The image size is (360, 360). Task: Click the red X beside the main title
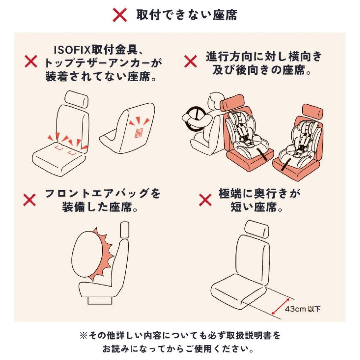pos(120,15)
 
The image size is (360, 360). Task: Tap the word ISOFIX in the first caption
pos(72,50)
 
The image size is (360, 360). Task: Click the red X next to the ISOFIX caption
pos(31,62)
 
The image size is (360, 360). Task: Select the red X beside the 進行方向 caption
pos(191,61)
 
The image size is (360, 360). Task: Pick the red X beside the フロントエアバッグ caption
pos(30,200)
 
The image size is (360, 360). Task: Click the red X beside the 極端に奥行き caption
pos(205,200)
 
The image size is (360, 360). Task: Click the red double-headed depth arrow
pos(280,306)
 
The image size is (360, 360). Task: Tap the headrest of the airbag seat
pos(125,230)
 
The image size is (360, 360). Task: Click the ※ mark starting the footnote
pos(83,336)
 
